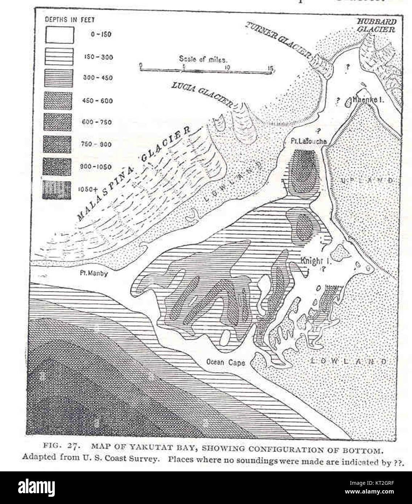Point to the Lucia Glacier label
pos(202,93)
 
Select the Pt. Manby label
pos(94,273)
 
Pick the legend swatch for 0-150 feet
pos(59,35)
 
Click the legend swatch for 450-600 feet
pos(58,100)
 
